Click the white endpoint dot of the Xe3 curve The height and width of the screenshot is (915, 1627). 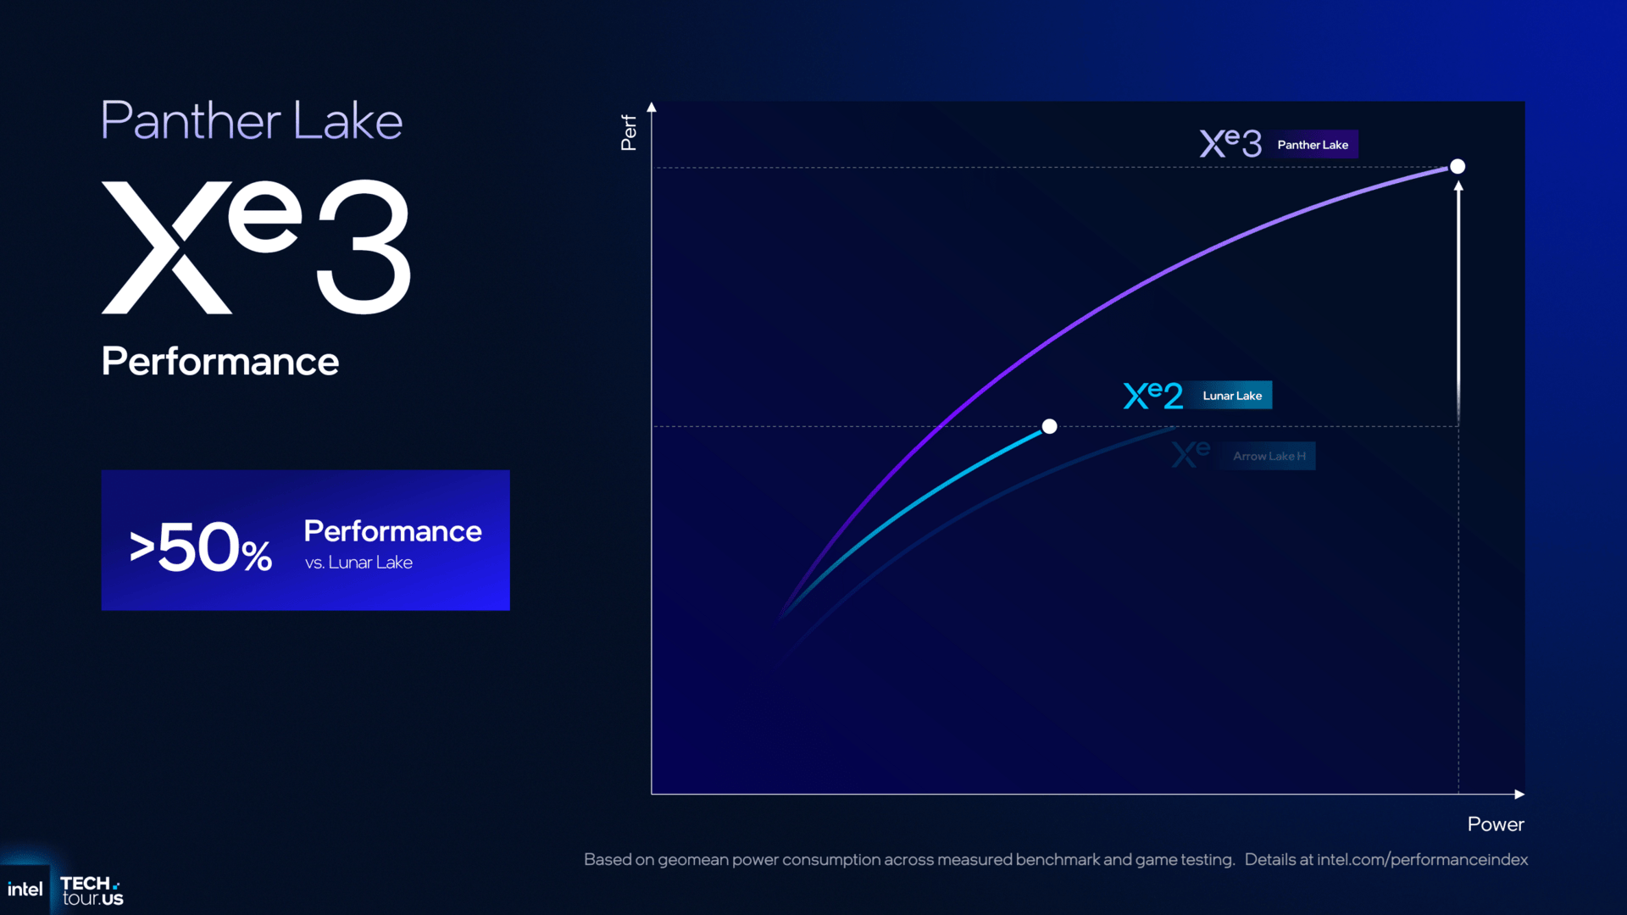[1458, 166]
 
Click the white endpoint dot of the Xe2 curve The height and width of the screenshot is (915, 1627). [1049, 426]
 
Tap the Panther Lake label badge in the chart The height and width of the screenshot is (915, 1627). [1313, 145]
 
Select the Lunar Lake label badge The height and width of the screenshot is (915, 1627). [1232, 396]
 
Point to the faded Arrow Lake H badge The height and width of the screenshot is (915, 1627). [1269, 456]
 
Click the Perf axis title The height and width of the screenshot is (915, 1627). [629, 133]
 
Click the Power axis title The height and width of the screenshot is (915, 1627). [1495, 824]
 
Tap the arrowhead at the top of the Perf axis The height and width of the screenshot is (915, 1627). [652, 108]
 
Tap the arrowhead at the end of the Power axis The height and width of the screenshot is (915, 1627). [1519, 794]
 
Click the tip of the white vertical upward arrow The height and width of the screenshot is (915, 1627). [1458, 186]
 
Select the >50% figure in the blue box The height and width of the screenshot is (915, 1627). [201, 547]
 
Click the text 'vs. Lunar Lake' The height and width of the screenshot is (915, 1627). [358, 563]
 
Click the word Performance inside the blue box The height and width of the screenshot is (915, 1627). [392, 531]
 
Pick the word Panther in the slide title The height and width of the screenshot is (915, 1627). [191, 121]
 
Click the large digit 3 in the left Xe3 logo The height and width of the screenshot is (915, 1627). [364, 247]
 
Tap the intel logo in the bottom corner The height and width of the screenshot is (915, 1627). [25, 890]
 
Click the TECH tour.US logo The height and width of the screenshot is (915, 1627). [92, 890]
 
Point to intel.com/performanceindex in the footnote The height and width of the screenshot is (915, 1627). [1422, 859]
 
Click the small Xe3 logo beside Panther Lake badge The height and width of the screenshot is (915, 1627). [1230, 143]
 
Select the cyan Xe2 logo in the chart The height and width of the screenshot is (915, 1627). [1152, 395]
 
